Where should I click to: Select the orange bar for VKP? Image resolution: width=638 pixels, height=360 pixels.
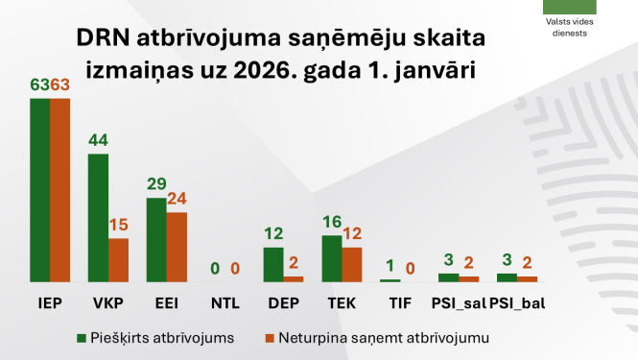(118, 260)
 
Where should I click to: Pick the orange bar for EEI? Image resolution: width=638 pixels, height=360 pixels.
(177, 247)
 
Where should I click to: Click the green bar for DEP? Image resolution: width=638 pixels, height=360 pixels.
(273, 264)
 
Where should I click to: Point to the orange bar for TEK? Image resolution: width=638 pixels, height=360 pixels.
(352, 264)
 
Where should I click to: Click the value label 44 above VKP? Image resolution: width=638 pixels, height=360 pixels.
(98, 140)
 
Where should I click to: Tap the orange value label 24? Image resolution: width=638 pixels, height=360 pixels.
(177, 200)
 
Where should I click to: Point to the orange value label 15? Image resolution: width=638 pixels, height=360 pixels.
(119, 225)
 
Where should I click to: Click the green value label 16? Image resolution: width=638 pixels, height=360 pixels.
(332, 222)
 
